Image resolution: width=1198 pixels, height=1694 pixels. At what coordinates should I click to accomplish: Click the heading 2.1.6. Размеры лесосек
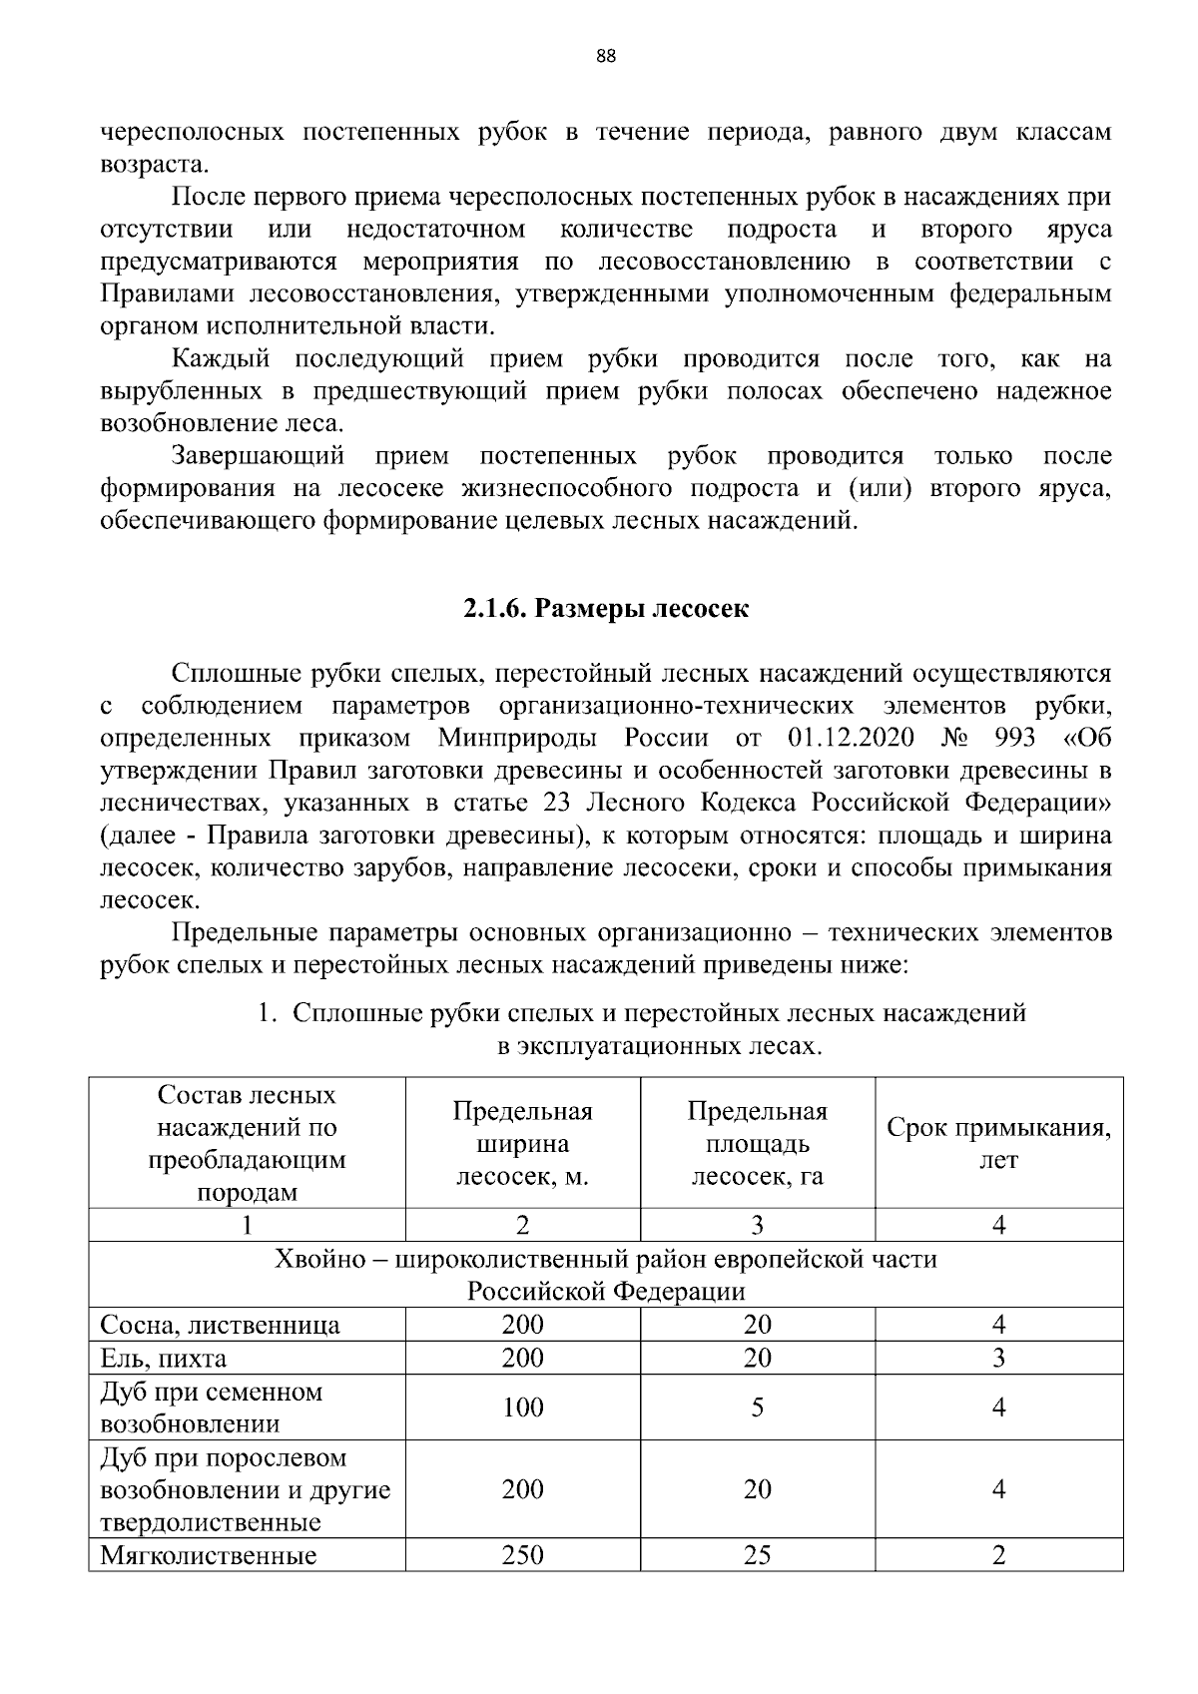point(606,609)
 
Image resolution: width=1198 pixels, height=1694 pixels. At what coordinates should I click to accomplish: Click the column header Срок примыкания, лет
point(999,1143)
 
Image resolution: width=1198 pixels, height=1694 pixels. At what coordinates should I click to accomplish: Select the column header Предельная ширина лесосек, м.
point(523,1143)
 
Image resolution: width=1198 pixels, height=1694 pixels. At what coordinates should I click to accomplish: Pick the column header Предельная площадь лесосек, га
point(758,1143)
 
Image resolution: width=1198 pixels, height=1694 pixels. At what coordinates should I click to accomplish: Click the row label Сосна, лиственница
point(221,1325)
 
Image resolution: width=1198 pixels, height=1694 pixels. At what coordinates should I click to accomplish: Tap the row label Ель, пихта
point(164,1358)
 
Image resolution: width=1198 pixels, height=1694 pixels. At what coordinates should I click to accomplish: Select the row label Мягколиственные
point(209,1555)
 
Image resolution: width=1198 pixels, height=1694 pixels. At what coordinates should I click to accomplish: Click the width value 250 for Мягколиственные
point(523,1555)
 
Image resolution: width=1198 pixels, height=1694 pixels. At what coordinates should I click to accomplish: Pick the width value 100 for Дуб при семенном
point(523,1408)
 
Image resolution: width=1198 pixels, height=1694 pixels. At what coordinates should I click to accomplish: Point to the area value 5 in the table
point(758,1408)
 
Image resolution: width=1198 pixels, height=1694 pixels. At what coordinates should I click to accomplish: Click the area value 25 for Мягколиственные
point(758,1555)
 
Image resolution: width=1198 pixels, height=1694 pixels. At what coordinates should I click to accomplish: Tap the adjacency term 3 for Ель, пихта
point(999,1358)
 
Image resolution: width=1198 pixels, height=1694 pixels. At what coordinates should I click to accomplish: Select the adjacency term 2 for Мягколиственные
point(999,1555)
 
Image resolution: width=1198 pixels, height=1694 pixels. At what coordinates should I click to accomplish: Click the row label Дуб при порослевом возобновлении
point(245,1489)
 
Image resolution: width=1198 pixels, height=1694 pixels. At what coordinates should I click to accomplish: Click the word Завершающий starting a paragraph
point(259,456)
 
